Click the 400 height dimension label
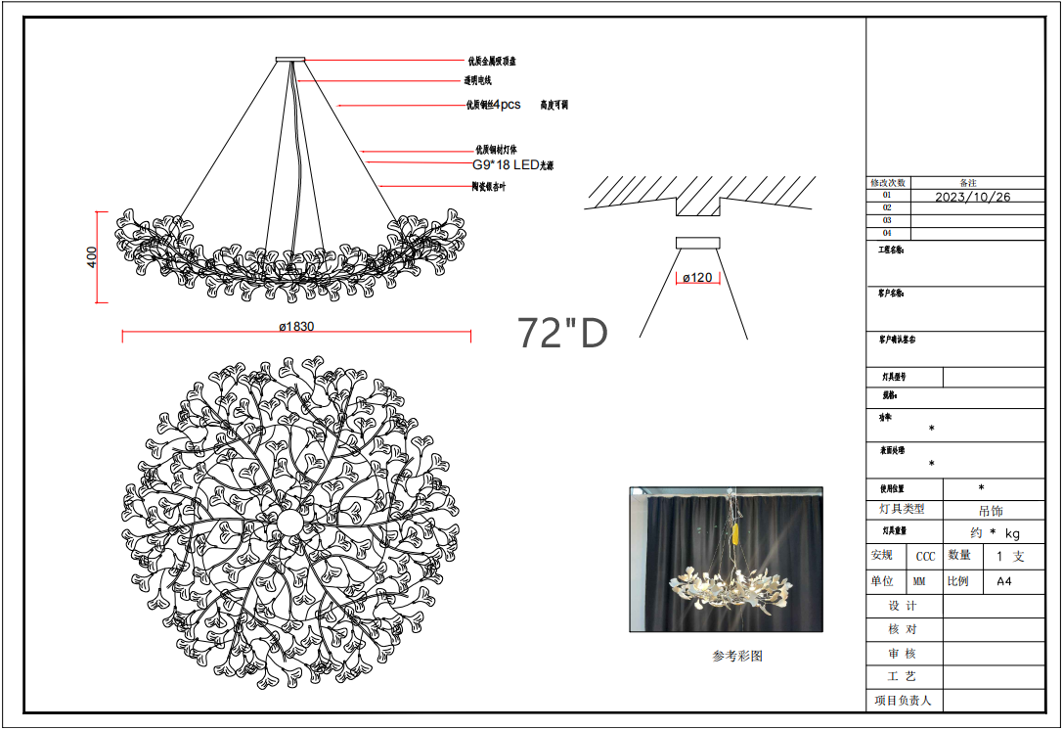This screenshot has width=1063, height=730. click(92, 257)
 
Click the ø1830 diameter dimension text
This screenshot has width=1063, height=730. click(296, 327)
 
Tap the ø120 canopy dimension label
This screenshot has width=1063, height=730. click(697, 278)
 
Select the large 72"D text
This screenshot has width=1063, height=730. click(562, 334)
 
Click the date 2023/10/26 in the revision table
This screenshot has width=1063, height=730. click(972, 196)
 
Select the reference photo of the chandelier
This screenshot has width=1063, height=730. click(726, 560)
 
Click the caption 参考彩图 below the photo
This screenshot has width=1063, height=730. click(736, 657)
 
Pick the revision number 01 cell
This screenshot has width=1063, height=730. click(887, 196)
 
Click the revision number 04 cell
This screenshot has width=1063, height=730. click(887, 233)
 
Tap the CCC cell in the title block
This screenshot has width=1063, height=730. click(924, 556)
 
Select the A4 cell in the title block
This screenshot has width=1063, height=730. click(1004, 580)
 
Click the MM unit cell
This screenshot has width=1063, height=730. click(919, 580)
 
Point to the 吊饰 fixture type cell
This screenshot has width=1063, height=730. click(991, 510)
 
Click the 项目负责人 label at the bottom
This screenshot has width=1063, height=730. click(904, 700)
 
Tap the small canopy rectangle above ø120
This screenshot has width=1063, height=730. click(697, 242)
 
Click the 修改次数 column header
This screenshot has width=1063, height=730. click(888, 183)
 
